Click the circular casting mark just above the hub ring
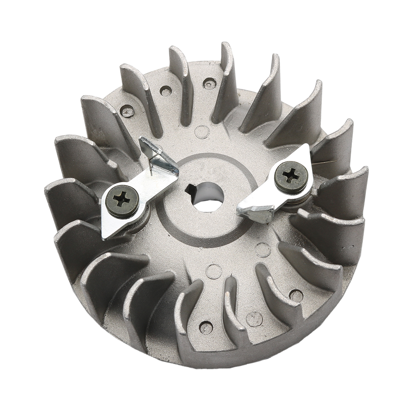pyautogui.click(x=202, y=132)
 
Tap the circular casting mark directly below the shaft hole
pyautogui.click(x=214, y=271)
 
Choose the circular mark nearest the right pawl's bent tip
pyautogui.click(x=263, y=249)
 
